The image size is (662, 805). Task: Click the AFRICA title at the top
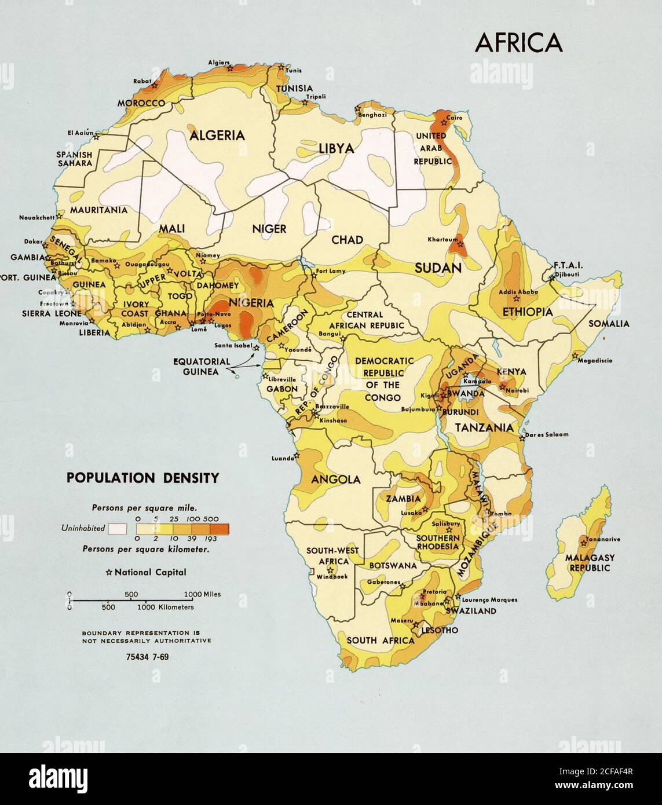coord(518,42)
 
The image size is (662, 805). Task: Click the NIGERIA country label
coord(251,303)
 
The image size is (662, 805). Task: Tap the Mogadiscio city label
coord(595,360)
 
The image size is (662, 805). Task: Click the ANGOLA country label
coord(336,480)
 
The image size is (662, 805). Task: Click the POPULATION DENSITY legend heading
coord(142,478)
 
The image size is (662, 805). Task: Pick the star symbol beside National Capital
coord(109,572)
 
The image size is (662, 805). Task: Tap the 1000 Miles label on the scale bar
coord(203,594)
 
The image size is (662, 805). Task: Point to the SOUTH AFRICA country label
coord(381,641)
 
